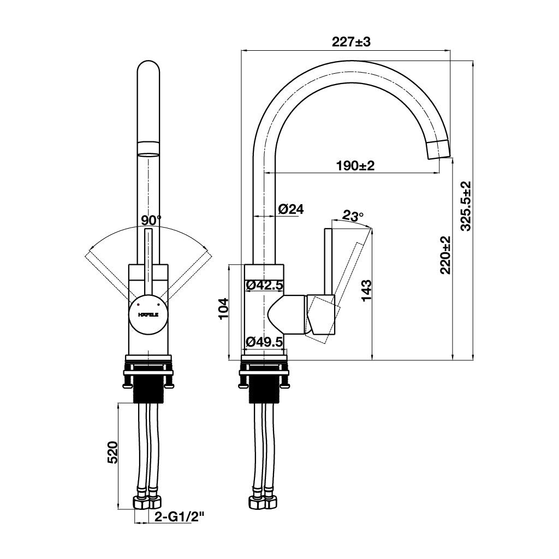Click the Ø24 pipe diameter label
coord(290,209)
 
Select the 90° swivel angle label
coord(151,220)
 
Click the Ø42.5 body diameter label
coord(264,284)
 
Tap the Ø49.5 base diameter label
coord(264,342)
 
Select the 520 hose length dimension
coord(112,453)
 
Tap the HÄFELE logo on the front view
coord(148,315)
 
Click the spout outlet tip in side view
coord(438,148)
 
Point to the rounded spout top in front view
coord(148,71)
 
